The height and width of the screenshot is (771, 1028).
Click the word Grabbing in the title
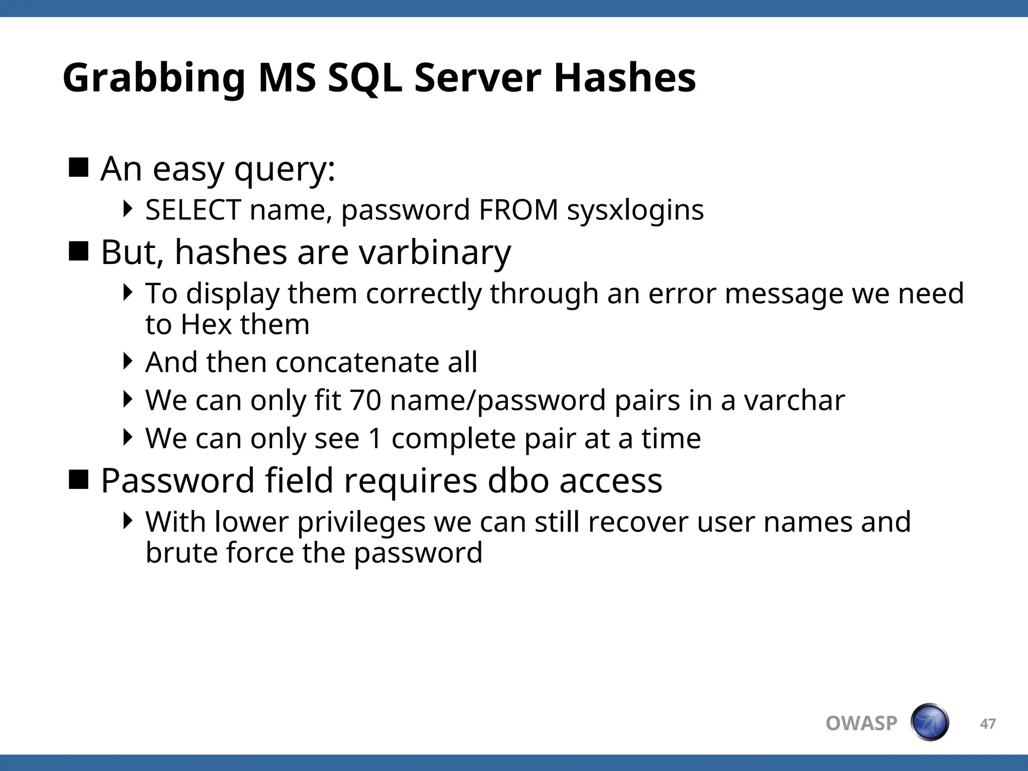(154, 79)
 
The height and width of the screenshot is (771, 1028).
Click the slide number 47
(988, 724)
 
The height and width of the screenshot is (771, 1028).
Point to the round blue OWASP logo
(930, 722)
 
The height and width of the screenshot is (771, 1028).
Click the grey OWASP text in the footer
(861, 723)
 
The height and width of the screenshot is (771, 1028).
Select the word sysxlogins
(635, 210)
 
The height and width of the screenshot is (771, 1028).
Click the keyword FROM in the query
(519, 210)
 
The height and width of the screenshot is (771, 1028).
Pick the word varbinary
(435, 252)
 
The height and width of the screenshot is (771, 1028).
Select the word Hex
(206, 324)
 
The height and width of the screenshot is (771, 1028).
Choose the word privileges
(361, 522)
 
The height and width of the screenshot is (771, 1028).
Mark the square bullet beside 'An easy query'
(78, 168)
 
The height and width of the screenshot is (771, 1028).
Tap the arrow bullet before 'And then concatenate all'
(128, 361)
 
